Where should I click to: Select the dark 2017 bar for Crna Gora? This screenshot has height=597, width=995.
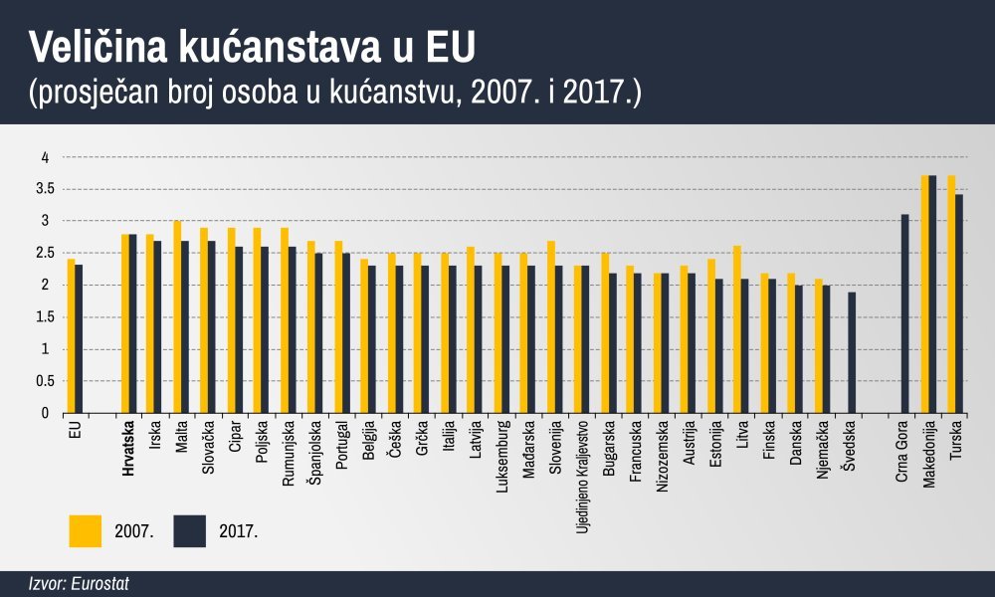tap(904, 313)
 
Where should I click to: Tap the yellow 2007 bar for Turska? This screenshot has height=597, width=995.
tap(951, 294)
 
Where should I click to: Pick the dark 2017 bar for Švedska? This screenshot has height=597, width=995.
tap(852, 352)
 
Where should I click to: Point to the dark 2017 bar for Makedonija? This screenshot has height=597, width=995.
tap(932, 294)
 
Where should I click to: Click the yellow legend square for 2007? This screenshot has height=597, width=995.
tap(86, 530)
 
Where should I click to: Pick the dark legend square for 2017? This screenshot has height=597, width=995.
tap(189, 530)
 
